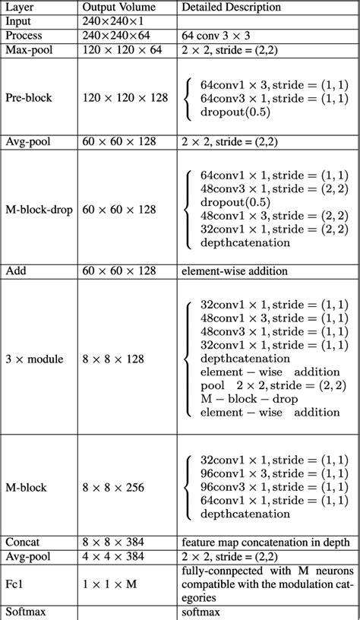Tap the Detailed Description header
click(x=231, y=7)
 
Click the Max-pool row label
click(x=27, y=49)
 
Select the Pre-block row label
click(x=28, y=98)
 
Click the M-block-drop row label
click(x=39, y=208)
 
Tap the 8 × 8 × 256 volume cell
click(x=113, y=486)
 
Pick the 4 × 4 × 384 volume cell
click(x=113, y=556)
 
